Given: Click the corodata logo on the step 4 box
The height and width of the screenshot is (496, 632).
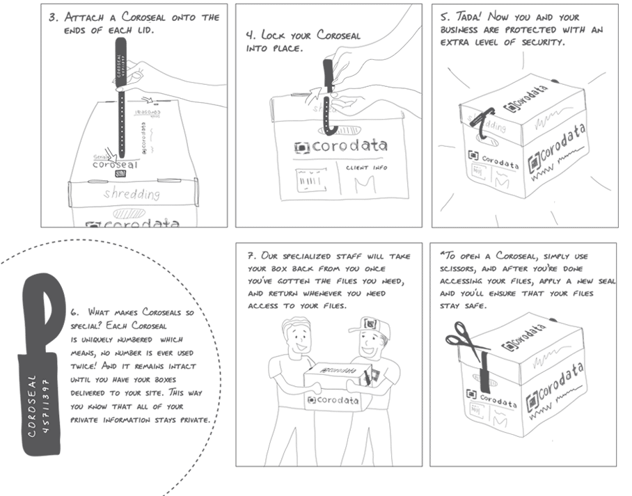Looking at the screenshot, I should [341, 147].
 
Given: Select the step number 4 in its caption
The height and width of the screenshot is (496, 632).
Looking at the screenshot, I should [250, 35].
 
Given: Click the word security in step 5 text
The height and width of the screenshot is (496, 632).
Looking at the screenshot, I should [535, 42].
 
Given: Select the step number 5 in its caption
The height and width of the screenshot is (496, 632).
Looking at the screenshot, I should [445, 17].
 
